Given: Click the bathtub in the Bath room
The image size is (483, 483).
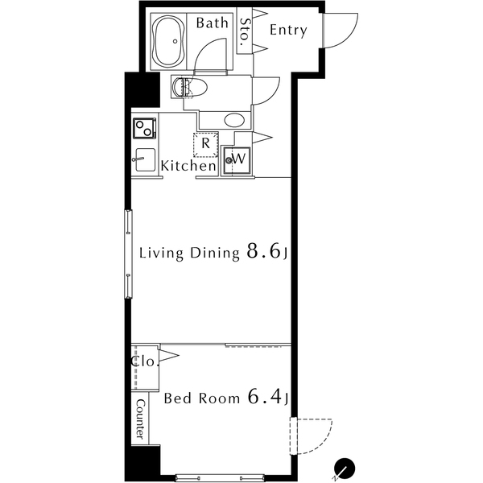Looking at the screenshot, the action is click(168, 41).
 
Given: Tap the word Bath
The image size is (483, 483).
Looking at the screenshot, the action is click(213, 23).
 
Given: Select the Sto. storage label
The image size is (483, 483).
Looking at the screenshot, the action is click(245, 31).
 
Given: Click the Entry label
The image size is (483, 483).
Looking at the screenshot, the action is click(288, 31).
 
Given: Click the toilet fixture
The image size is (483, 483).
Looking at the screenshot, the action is click(189, 87).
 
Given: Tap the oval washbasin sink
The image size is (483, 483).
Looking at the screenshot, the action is click(234, 120).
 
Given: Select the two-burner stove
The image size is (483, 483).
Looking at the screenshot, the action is click(144, 128).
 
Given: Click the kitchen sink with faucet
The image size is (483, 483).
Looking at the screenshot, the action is click(144, 159).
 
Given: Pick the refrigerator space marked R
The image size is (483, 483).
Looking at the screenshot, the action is click(205, 144).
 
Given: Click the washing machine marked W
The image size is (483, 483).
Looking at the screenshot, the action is click(237, 160).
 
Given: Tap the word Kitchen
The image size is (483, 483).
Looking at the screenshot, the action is click(188, 166).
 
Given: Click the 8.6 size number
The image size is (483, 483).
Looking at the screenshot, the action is click(264, 251).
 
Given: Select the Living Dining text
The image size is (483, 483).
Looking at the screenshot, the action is click(189, 254).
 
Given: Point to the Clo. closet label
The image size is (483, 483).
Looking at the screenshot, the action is click(144, 361).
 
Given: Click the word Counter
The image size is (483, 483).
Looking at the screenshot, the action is click(140, 419).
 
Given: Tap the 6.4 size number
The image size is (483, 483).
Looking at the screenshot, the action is click(265, 396).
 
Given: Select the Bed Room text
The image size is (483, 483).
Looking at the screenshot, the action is click(202, 398).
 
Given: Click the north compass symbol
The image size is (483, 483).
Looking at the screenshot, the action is click(345, 469).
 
